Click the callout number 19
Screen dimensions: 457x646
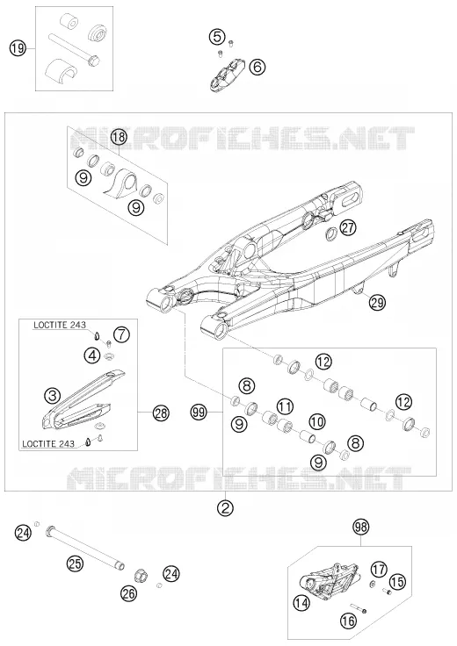tap(18, 49)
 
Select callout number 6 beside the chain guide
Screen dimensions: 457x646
tap(258, 67)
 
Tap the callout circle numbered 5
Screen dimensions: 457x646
tap(217, 37)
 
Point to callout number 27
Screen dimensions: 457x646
tap(348, 227)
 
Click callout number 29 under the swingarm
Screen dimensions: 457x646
tap(377, 303)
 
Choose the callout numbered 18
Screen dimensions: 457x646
tap(119, 137)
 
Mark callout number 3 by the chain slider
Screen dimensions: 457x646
tap(53, 397)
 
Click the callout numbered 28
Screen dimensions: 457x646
tap(161, 413)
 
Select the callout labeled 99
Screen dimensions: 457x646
tap(199, 413)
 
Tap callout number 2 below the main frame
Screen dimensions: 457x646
tap(226, 507)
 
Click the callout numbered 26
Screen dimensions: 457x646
tap(129, 593)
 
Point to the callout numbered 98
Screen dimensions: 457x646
tap(361, 527)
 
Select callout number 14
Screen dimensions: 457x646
tap(301, 604)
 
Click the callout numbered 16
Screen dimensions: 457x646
tap(349, 621)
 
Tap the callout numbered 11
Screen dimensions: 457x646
tap(285, 406)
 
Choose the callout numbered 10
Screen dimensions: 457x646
tap(316, 421)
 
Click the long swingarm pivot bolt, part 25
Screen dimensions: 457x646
tap(86, 547)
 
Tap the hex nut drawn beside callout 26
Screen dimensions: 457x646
tap(141, 575)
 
